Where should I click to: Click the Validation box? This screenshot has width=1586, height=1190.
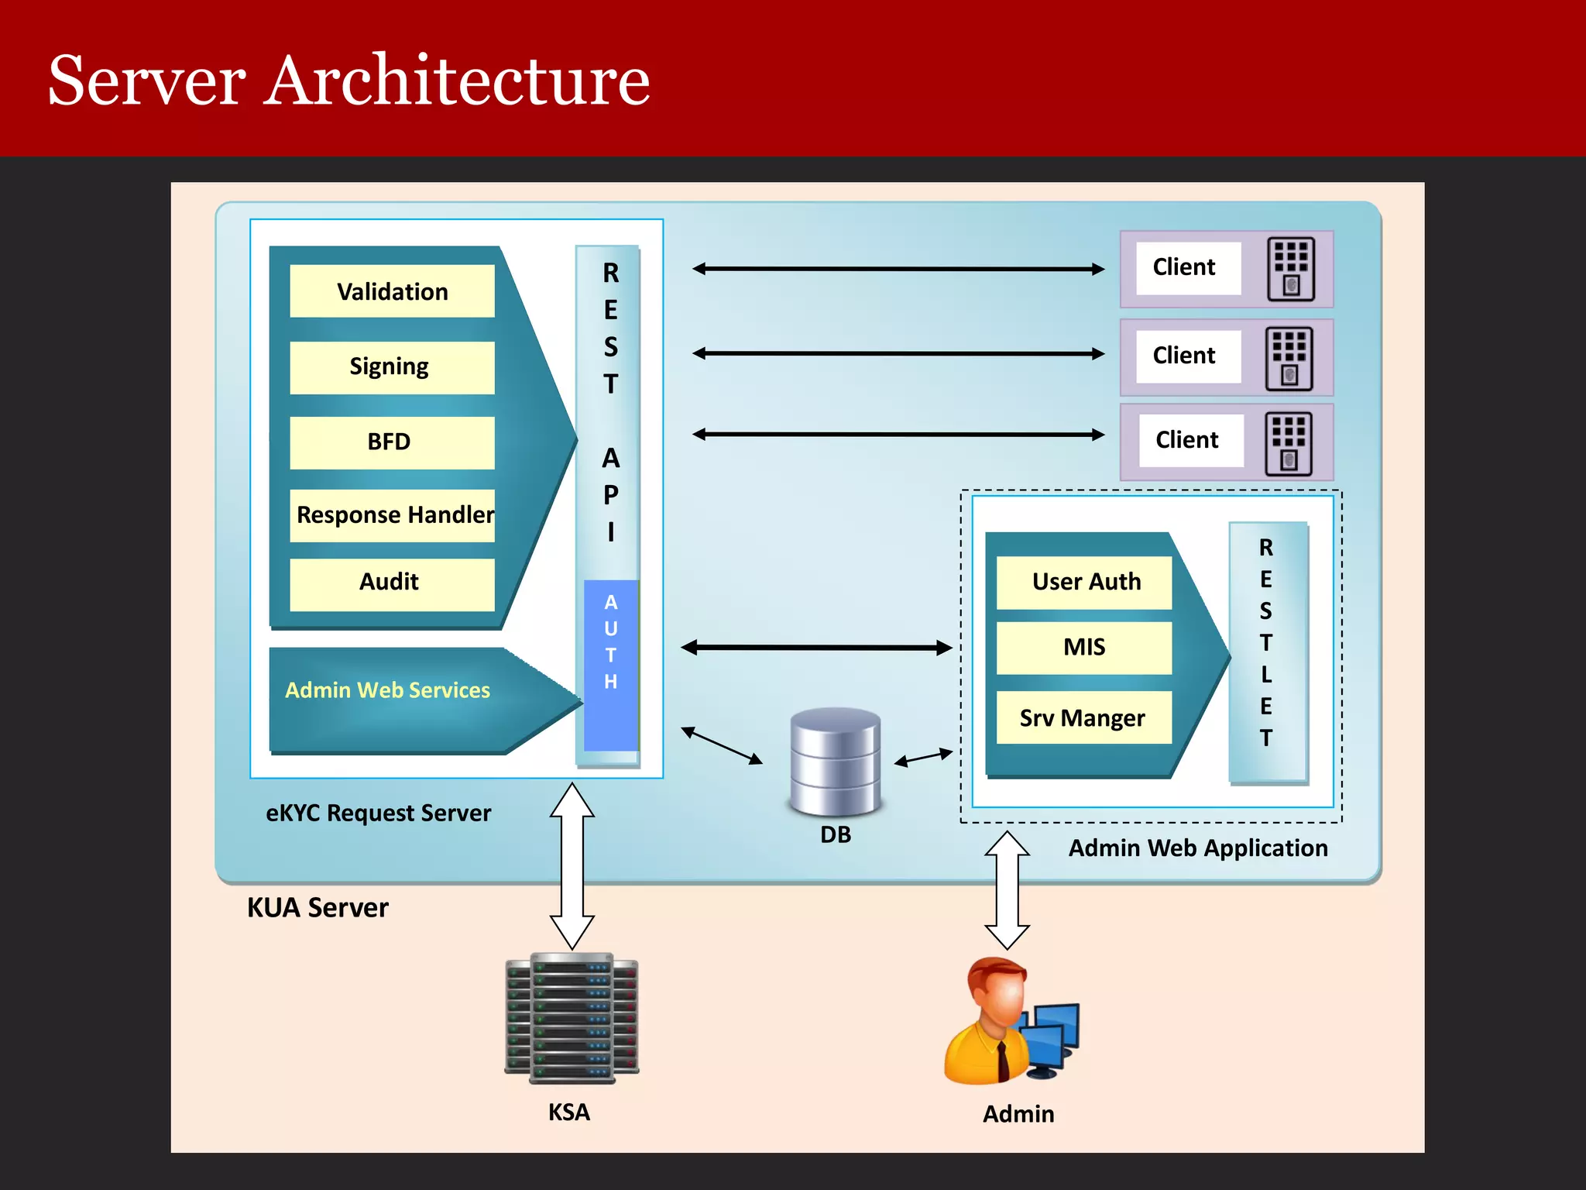392,291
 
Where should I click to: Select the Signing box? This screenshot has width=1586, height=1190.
392,367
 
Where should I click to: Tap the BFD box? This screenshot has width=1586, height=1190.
392,442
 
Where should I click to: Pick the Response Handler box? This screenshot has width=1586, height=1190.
392,515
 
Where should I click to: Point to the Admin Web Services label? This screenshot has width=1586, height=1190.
387,690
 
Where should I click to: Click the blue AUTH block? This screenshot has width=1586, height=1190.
611,665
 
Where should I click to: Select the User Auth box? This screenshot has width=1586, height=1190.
1084,582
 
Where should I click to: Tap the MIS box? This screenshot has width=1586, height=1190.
1084,648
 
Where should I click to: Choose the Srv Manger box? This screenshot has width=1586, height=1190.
1084,718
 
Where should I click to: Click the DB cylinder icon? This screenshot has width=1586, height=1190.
836,762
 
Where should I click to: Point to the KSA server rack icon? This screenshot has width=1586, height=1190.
572,1018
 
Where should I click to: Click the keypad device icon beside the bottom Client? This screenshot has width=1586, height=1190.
1289,443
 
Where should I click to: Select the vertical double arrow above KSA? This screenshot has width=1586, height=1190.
572,866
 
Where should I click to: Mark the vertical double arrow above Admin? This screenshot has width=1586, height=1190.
1007,890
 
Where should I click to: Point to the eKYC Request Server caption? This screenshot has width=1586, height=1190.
378,813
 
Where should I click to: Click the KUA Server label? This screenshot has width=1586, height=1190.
318,908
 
